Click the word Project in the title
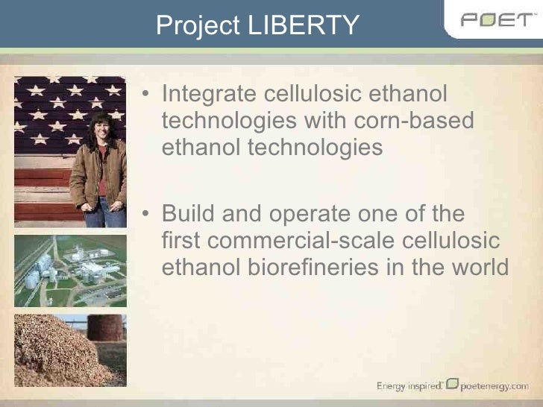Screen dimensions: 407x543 pyautogui.click(x=195, y=25)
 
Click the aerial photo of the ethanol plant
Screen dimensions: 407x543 pyautogui.click(x=71, y=270)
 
